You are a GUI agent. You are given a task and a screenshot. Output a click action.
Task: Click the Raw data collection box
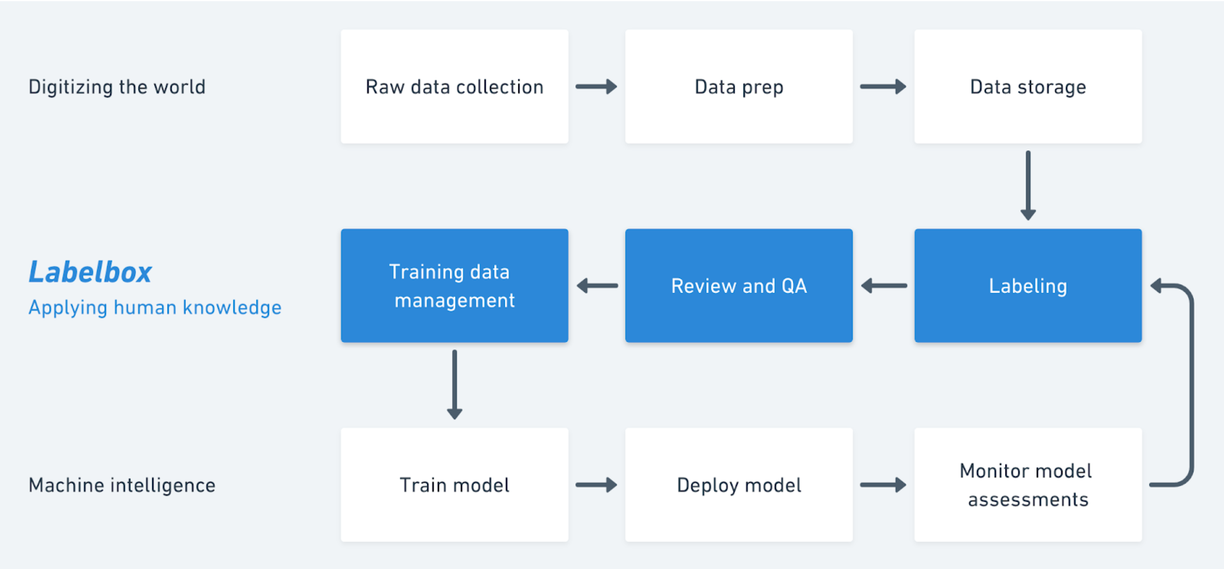[454, 86]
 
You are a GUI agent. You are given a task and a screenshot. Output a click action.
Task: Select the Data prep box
[739, 86]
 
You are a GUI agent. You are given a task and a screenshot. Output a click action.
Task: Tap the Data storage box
[1028, 86]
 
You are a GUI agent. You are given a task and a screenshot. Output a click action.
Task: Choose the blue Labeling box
[1028, 286]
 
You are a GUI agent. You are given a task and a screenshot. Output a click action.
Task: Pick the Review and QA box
[739, 286]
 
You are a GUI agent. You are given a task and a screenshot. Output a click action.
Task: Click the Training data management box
[454, 286]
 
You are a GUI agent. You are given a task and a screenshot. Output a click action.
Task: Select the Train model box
[454, 485]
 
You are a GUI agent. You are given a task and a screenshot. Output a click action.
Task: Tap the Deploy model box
[739, 485]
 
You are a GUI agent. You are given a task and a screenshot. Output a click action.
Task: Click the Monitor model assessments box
[1028, 485]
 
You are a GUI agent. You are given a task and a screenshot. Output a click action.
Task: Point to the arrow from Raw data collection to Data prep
[596, 86]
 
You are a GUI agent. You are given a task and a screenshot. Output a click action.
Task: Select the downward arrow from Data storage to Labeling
[1028, 185]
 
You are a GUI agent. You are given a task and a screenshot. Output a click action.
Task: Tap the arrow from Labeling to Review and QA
[884, 286]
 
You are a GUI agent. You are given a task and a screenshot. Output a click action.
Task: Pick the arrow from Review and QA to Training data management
[597, 286]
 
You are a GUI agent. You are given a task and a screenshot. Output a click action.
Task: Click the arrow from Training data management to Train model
[455, 385]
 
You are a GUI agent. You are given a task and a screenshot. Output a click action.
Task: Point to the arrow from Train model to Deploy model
[596, 485]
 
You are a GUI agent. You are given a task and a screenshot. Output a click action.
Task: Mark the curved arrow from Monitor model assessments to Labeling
[1192, 385]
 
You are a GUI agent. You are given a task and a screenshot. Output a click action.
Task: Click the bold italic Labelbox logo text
[90, 272]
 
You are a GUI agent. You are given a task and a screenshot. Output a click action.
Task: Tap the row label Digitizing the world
[117, 87]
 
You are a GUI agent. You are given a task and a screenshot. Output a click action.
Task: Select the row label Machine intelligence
[122, 485]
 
